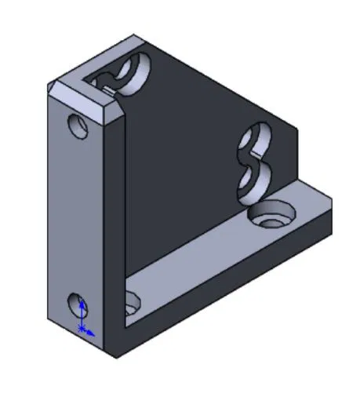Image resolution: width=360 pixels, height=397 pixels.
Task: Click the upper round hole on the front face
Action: click(x=78, y=126)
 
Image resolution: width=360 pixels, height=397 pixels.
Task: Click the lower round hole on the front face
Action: click(x=78, y=304)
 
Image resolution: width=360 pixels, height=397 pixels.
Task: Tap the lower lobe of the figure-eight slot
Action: click(x=253, y=179)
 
